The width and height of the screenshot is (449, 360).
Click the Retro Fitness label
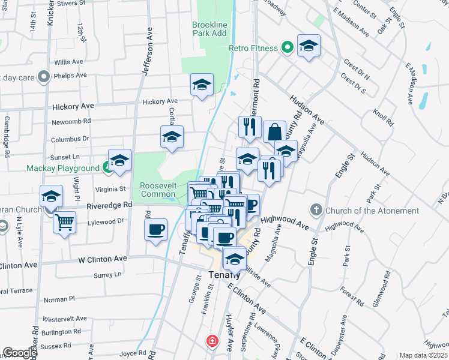click(253, 48)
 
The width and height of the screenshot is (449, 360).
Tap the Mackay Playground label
click(62, 169)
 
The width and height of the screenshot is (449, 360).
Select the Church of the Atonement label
click(372, 211)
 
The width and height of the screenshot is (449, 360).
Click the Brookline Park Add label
click(209, 29)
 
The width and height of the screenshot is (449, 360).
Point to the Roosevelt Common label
click(158, 190)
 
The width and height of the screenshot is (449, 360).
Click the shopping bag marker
click(274, 131)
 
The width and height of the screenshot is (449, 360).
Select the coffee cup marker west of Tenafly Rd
click(156, 230)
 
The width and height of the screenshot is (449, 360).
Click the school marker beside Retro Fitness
click(309, 46)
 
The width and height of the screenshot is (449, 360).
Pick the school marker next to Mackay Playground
click(119, 160)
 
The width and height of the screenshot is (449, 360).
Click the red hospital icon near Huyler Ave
click(212, 341)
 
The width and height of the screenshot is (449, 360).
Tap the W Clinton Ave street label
click(103, 259)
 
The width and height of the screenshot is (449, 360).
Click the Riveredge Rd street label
click(109, 205)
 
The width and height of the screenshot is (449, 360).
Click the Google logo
click(20, 353)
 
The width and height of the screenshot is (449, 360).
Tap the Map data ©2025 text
click(423, 355)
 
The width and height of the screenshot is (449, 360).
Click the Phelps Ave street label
click(70, 76)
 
